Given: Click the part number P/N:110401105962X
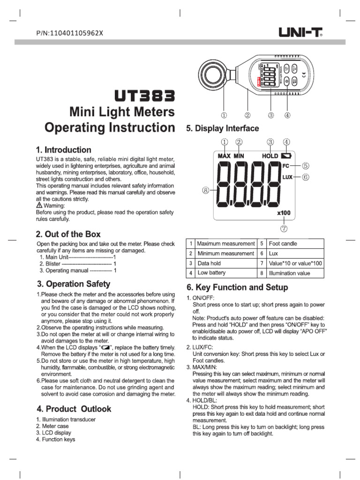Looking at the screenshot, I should click(x=69, y=33).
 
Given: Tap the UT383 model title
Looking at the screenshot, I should click(x=145, y=96).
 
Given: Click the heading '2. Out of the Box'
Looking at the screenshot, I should click(x=68, y=234).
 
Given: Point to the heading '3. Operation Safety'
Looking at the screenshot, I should click(x=74, y=284).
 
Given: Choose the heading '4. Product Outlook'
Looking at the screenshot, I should click(x=74, y=409).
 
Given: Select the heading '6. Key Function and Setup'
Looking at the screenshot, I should click(x=237, y=287).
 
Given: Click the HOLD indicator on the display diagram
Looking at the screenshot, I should click(x=270, y=156).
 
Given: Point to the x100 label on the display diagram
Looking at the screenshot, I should click(x=284, y=213).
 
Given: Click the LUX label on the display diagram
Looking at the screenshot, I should click(x=287, y=177).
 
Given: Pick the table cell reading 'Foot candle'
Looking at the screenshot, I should click(x=283, y=244).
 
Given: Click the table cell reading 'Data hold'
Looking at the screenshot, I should click(x=209, y=263).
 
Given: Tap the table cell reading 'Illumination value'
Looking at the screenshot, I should click(x=289, y=273).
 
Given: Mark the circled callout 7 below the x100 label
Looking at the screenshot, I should click(x=284, y=229).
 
